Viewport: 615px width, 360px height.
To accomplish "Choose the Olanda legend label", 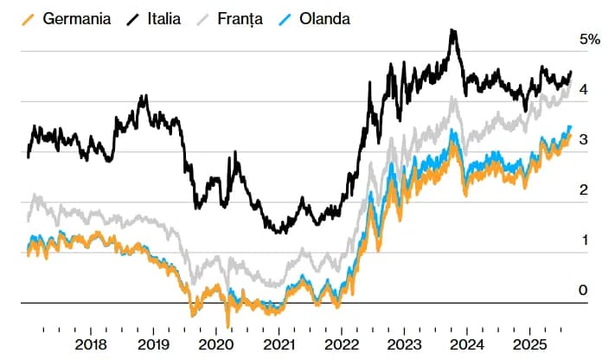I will pos(325,18).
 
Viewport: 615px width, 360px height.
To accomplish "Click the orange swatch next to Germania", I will pos(32,18).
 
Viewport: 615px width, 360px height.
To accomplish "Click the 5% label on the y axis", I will pos(590,39).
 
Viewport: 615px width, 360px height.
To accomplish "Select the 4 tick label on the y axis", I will pos(585,89).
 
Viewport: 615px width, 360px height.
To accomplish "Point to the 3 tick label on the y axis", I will pos(585,139).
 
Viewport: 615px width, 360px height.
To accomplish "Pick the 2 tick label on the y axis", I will pos(585,190).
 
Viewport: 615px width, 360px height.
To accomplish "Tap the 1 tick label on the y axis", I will pos(585,240).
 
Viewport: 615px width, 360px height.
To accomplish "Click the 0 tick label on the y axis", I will pos(585,290).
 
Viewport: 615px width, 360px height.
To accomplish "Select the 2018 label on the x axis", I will pos(92,344).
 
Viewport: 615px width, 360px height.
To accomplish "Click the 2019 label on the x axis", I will pos(154,344).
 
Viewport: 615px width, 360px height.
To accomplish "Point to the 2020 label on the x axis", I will pos(216,344).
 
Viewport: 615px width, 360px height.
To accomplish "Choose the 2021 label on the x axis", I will pos(279,344).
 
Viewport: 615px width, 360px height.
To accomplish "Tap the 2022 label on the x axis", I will pos(342,344).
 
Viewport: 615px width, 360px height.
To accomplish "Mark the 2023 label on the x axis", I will pos(404,344).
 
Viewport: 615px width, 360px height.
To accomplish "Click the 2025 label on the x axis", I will pos(529,344).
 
